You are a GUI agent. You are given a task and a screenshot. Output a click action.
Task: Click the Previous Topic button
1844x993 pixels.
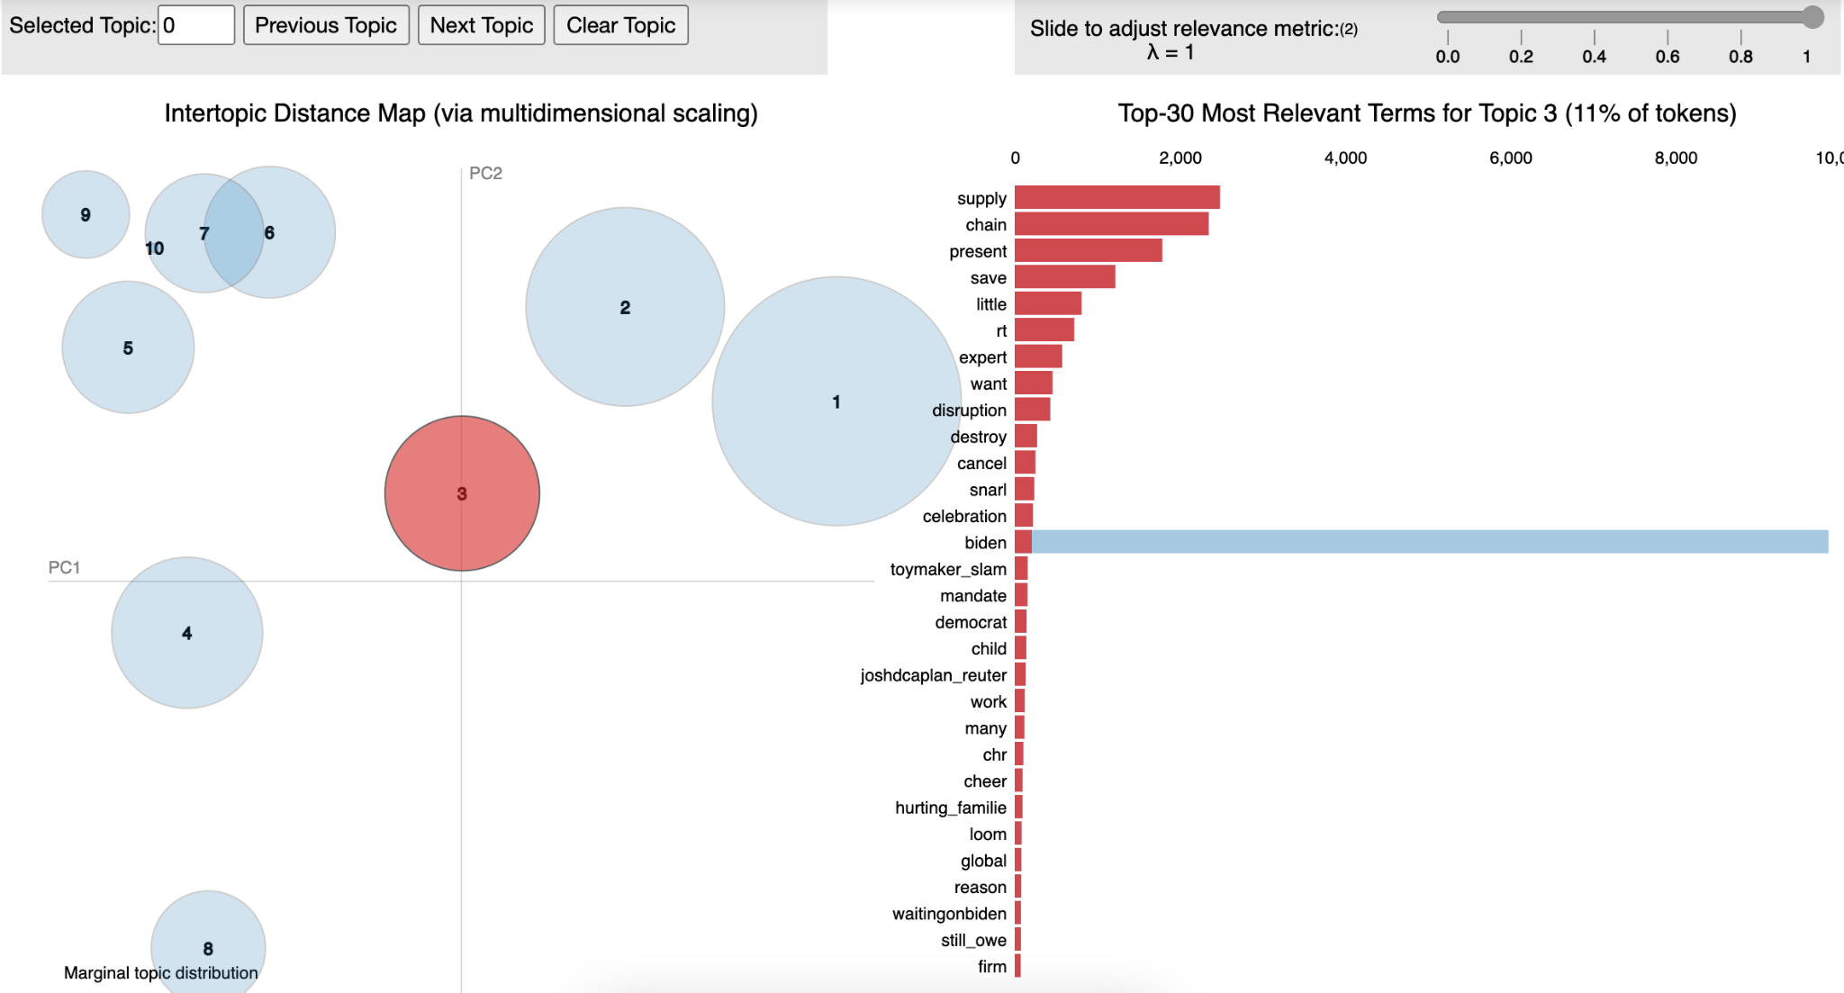326,25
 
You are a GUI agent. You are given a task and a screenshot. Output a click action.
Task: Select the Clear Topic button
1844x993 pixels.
620,25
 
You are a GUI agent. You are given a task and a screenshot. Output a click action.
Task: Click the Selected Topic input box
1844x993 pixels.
196,25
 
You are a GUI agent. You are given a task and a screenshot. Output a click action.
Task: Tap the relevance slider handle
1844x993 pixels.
1813,17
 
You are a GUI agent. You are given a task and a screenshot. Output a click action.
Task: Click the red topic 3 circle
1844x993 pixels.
462,493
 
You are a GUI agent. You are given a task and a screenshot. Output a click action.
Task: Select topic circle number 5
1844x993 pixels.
128,348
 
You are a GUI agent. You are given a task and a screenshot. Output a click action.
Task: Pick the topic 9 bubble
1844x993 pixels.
86,214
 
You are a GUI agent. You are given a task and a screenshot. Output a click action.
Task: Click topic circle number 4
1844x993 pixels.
187,633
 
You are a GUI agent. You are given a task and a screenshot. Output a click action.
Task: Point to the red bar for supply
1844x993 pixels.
1116,198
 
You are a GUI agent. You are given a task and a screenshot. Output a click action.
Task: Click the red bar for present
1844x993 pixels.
1088,251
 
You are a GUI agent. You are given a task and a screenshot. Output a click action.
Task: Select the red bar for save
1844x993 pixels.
1064,277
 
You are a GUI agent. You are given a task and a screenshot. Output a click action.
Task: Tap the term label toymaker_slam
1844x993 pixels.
948,569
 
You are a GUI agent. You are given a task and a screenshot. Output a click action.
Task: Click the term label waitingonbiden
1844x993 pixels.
949,914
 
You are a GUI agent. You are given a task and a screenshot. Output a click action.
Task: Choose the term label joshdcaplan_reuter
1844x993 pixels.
933,675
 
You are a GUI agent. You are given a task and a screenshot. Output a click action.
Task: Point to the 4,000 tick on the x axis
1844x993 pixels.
1345,158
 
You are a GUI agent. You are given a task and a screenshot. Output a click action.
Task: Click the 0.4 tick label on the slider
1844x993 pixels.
1594,57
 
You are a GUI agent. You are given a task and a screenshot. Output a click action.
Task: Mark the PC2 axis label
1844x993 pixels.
485,173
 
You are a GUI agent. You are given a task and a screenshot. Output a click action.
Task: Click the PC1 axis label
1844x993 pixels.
64,567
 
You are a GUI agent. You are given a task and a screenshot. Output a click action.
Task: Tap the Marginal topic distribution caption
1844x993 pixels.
160,973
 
